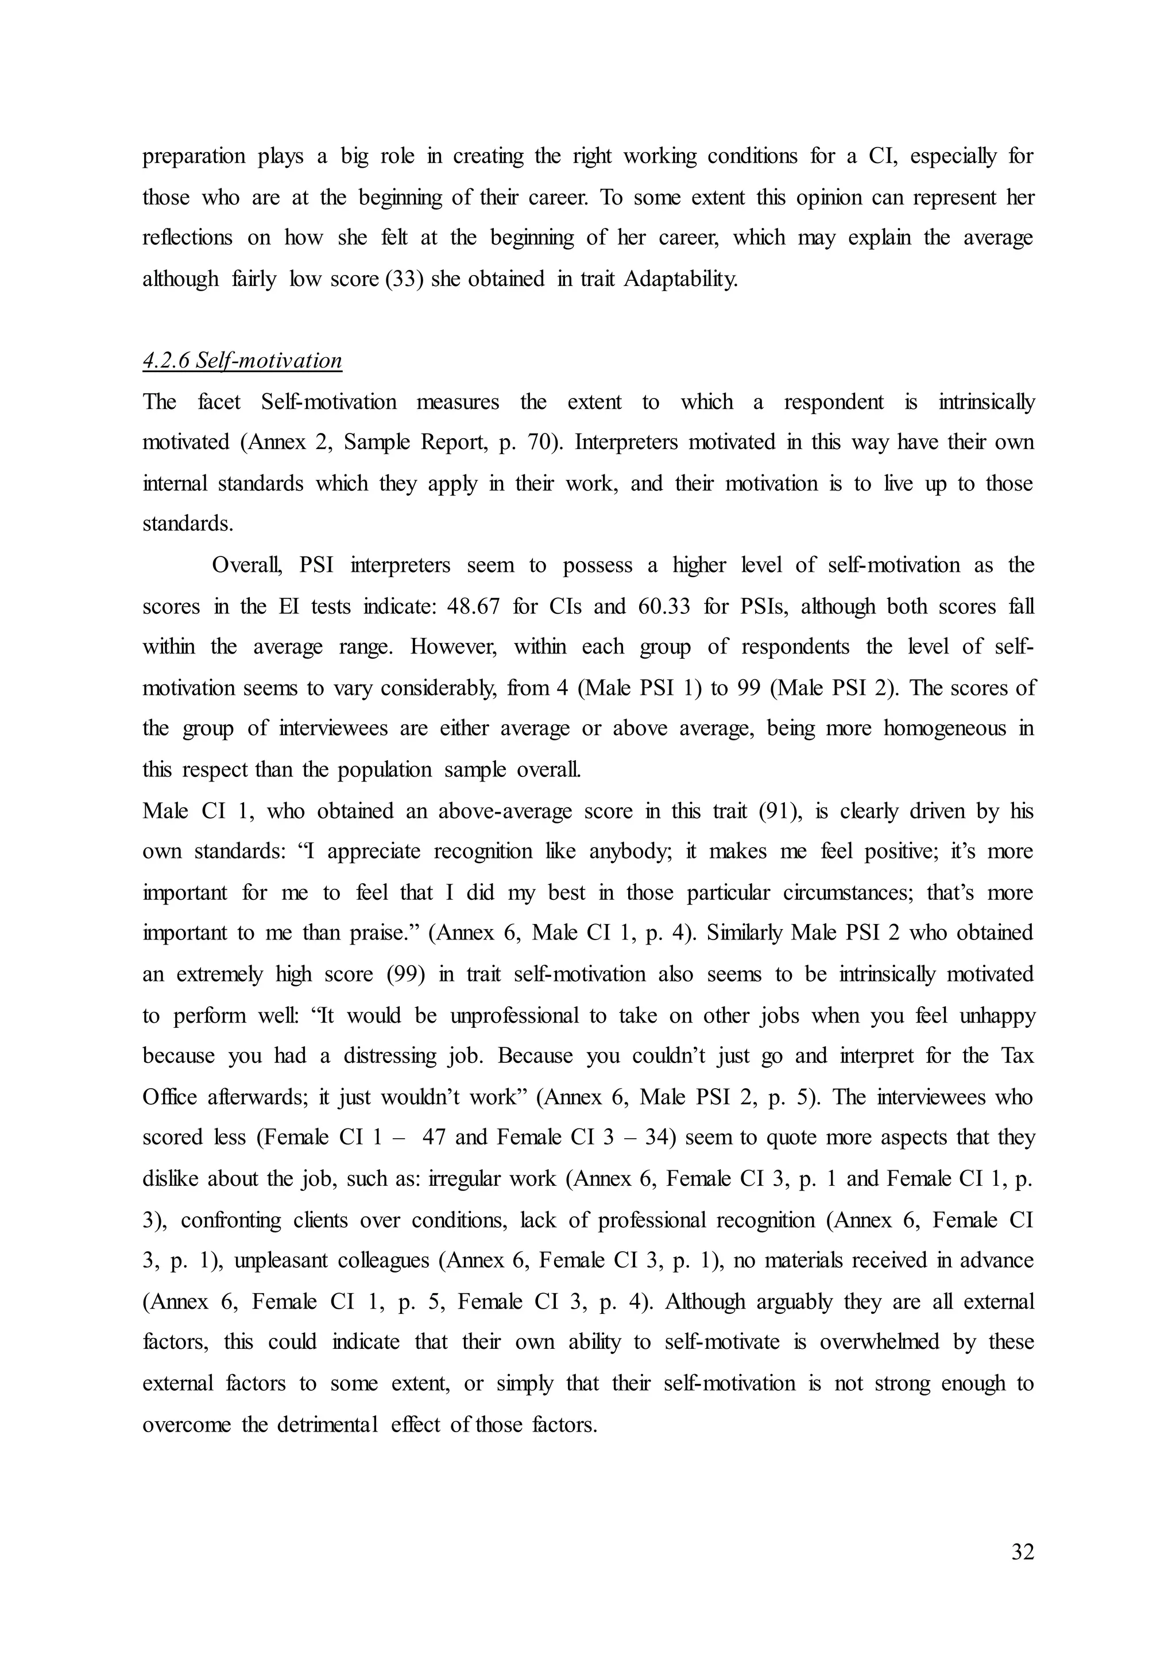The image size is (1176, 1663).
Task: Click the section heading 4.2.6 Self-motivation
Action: tap(242, 361)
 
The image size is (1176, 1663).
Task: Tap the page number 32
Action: tap(1022, 1552)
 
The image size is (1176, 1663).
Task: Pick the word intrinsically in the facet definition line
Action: tap(987, 402)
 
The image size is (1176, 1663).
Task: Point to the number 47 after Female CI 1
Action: tap(433, 1138)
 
